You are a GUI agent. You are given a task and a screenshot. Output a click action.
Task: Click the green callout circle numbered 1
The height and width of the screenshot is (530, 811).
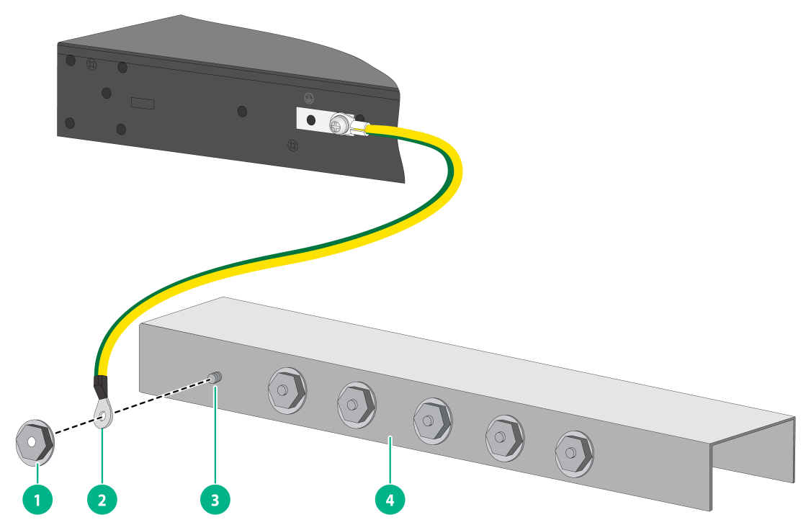37,500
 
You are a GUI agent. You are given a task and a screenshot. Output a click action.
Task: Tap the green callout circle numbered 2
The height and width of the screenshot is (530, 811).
102,500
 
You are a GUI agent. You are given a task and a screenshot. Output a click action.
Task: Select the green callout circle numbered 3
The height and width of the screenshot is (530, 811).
215,500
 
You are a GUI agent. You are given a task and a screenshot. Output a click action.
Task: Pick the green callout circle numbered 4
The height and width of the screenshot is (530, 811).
390,500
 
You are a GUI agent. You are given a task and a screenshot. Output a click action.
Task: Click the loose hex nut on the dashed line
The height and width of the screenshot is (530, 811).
35,442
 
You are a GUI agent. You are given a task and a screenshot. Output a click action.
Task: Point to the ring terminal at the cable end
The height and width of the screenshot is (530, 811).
103,413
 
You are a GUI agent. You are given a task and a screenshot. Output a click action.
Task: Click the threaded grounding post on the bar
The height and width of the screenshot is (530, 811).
215,378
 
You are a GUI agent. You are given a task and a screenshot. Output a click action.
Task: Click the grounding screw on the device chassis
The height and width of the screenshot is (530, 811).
339,125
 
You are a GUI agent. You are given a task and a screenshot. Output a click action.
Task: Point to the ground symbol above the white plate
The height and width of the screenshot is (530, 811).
309,98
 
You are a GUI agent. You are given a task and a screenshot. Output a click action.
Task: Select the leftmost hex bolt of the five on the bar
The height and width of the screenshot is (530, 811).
287,390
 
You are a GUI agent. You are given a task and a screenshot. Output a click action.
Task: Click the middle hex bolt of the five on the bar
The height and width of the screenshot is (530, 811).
432,421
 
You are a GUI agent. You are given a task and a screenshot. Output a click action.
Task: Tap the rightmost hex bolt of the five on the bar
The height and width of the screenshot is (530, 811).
575,454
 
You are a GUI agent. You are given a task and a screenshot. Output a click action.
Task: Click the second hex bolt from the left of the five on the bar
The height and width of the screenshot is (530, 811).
357,405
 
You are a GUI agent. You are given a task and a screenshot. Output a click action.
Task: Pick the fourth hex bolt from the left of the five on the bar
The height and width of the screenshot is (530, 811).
505,438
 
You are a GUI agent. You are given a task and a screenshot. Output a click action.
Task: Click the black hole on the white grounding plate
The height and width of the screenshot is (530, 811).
311,120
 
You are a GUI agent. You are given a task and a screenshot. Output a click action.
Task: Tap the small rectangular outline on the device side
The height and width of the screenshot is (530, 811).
143,103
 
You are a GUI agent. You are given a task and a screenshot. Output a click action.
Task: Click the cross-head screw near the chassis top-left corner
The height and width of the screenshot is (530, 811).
91,65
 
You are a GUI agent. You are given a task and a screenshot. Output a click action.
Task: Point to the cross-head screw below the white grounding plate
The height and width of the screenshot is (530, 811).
292,145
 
